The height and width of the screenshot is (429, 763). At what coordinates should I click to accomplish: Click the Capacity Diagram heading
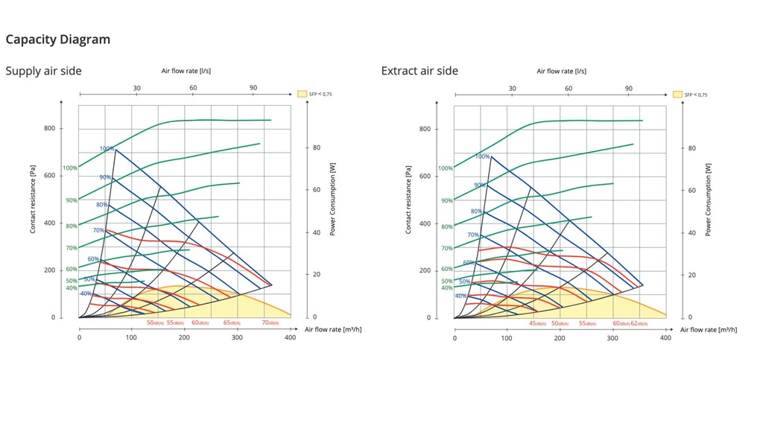[58, 39]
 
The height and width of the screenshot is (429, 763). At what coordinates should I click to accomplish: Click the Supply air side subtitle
[43, 71]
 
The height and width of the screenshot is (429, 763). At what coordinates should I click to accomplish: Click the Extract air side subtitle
[420, 71]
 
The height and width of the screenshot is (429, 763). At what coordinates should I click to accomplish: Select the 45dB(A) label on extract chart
[537, 323]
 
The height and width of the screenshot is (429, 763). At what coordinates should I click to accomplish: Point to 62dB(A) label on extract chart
[639, 323]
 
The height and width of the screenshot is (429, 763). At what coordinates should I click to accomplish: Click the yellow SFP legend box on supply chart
[302, 95]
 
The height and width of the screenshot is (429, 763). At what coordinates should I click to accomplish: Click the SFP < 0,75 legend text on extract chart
[696, 95]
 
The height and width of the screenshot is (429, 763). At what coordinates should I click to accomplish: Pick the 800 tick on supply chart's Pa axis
[49, 128]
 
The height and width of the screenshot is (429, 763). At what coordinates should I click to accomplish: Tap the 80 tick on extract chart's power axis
[692, 148]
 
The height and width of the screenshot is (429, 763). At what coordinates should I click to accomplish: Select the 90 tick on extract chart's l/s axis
[629, 88]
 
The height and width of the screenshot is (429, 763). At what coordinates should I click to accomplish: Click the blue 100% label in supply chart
[107, 149]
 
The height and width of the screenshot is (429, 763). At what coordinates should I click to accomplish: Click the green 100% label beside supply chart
[70, 168]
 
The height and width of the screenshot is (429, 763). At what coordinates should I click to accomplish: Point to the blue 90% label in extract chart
[481, 185]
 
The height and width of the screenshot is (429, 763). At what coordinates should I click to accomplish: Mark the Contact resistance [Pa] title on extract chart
[408, 200]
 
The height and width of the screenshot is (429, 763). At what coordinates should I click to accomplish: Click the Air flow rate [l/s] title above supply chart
[186, 71]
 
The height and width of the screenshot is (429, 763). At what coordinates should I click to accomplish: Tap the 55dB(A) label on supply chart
[175, 323]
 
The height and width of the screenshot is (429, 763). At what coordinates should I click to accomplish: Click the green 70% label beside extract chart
[446, 249]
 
